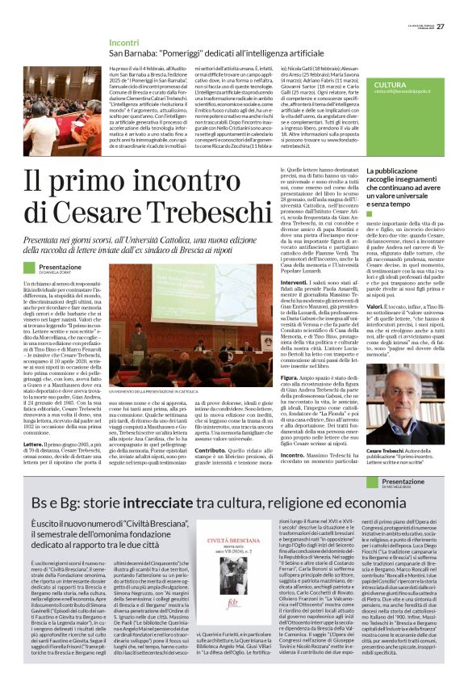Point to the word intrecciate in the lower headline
(x=161, y=502)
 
